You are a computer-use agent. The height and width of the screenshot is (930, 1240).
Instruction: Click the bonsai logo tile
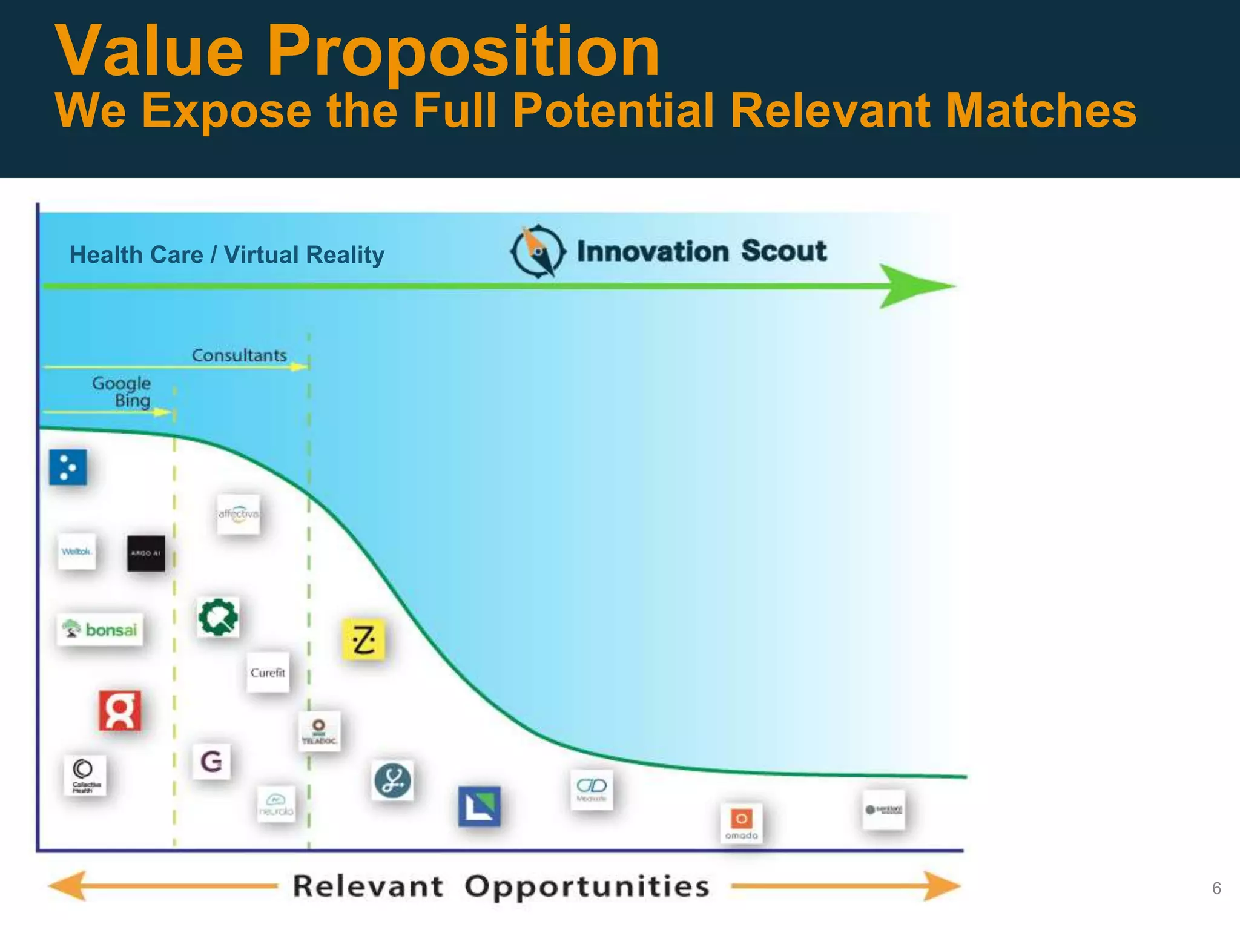coord(101,630)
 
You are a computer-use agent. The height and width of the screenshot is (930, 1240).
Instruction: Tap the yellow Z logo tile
coord(363,639)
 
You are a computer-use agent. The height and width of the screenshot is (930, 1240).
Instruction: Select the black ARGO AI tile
coord(146,553)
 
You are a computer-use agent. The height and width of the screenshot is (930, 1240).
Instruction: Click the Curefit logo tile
coord(268,673)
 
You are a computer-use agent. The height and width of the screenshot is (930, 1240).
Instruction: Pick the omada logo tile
coord(741,823)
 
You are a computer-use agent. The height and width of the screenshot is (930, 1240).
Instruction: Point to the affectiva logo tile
coord(239,514)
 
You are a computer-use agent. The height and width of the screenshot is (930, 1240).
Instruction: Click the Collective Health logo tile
coord(85,775)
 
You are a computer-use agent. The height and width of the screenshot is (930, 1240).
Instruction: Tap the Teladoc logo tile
coord(319,731)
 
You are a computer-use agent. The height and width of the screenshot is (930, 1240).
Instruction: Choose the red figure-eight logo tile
coord(120,710)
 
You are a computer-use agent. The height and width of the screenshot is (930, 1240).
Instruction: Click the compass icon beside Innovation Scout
coord(538,251)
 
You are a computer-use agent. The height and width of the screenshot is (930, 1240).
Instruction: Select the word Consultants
coord(239,355)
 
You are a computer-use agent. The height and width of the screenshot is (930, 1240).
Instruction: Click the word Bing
coord(133,401)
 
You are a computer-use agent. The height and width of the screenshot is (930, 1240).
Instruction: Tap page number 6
coord(1216,888)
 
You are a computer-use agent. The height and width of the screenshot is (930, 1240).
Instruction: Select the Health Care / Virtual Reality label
coord(227,255)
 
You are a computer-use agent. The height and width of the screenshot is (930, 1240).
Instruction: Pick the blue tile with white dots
coord(68,467)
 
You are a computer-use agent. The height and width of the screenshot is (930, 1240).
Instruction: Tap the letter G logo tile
coord(211,761)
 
